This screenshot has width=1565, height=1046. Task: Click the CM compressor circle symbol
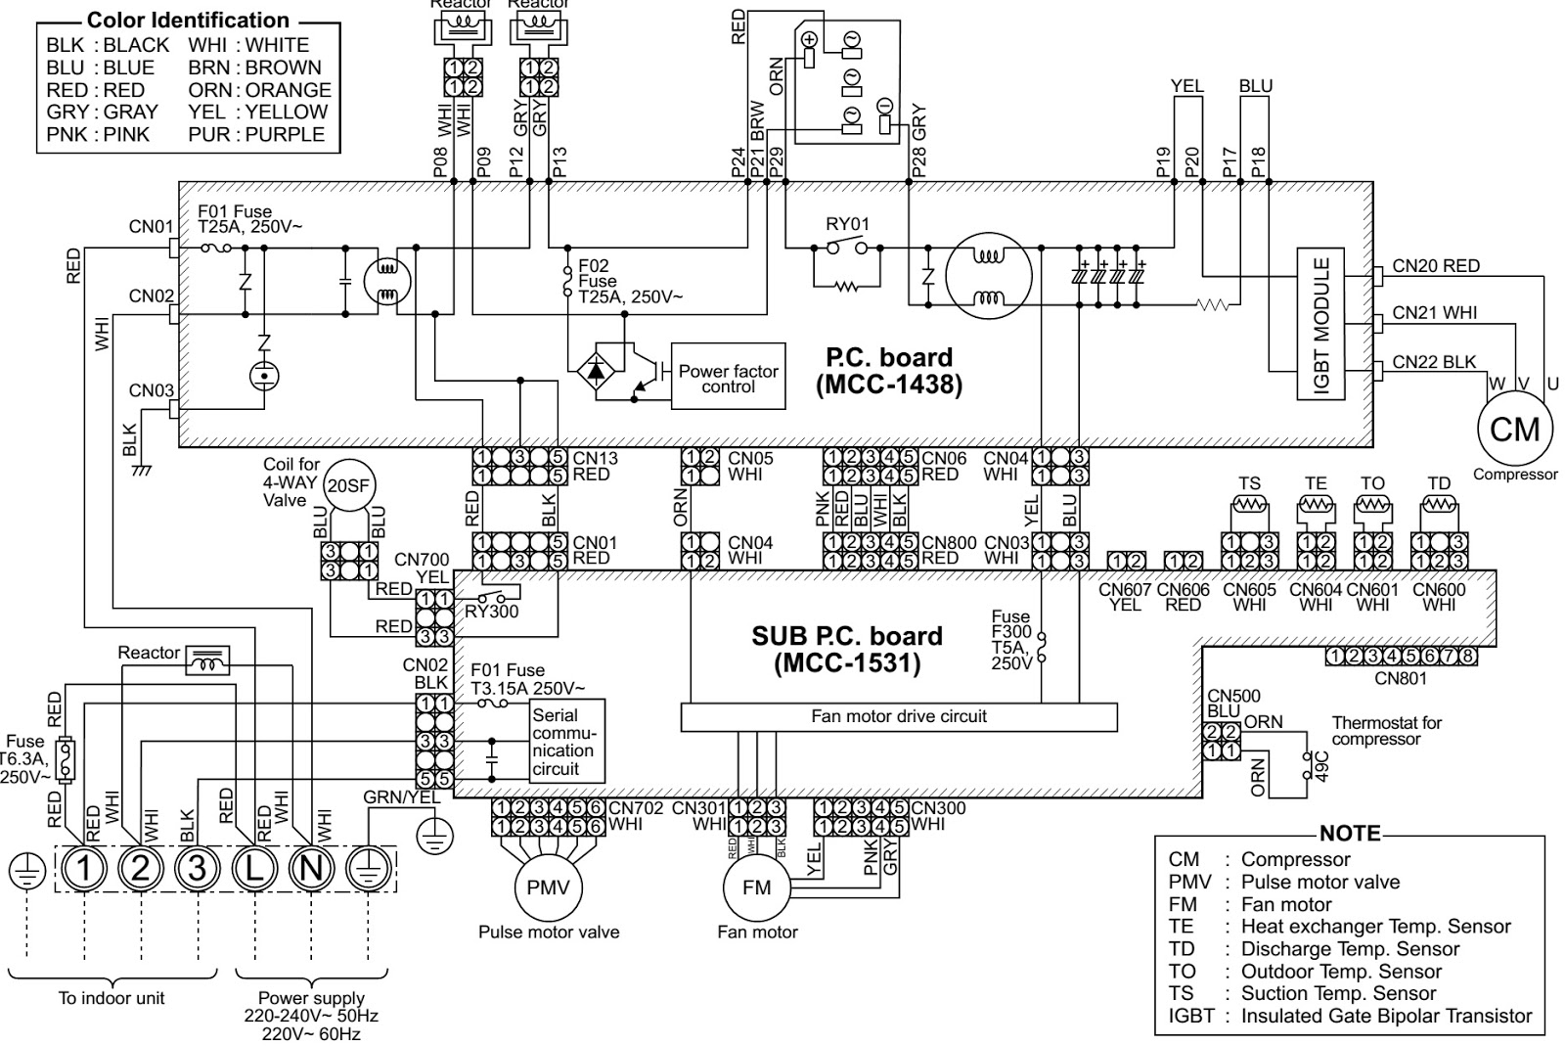click(1514, 429)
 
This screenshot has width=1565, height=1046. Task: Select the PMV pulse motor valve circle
click(548, 887)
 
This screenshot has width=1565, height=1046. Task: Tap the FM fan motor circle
click(756, 887)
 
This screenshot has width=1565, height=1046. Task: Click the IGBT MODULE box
click(1320, 324)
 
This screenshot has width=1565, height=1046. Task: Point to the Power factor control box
click(728, 378)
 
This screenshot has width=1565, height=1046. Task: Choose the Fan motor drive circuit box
click(898, 716)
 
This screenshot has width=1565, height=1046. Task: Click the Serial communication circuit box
click(566, 741)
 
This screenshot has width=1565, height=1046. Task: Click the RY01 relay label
click(847, 224)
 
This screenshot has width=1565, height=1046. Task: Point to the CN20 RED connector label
click(1435, 265)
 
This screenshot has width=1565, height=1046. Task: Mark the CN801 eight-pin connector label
click(1400, 678)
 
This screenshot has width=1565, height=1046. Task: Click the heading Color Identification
click(188, 20)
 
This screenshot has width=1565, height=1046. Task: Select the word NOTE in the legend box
click(1350, 834)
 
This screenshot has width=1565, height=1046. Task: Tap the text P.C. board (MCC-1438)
click(888, 371)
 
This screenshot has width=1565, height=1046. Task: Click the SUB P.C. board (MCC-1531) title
click(846, 650)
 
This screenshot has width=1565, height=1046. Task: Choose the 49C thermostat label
click(1321, 765)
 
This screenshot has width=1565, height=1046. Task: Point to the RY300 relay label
click(491, 612)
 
